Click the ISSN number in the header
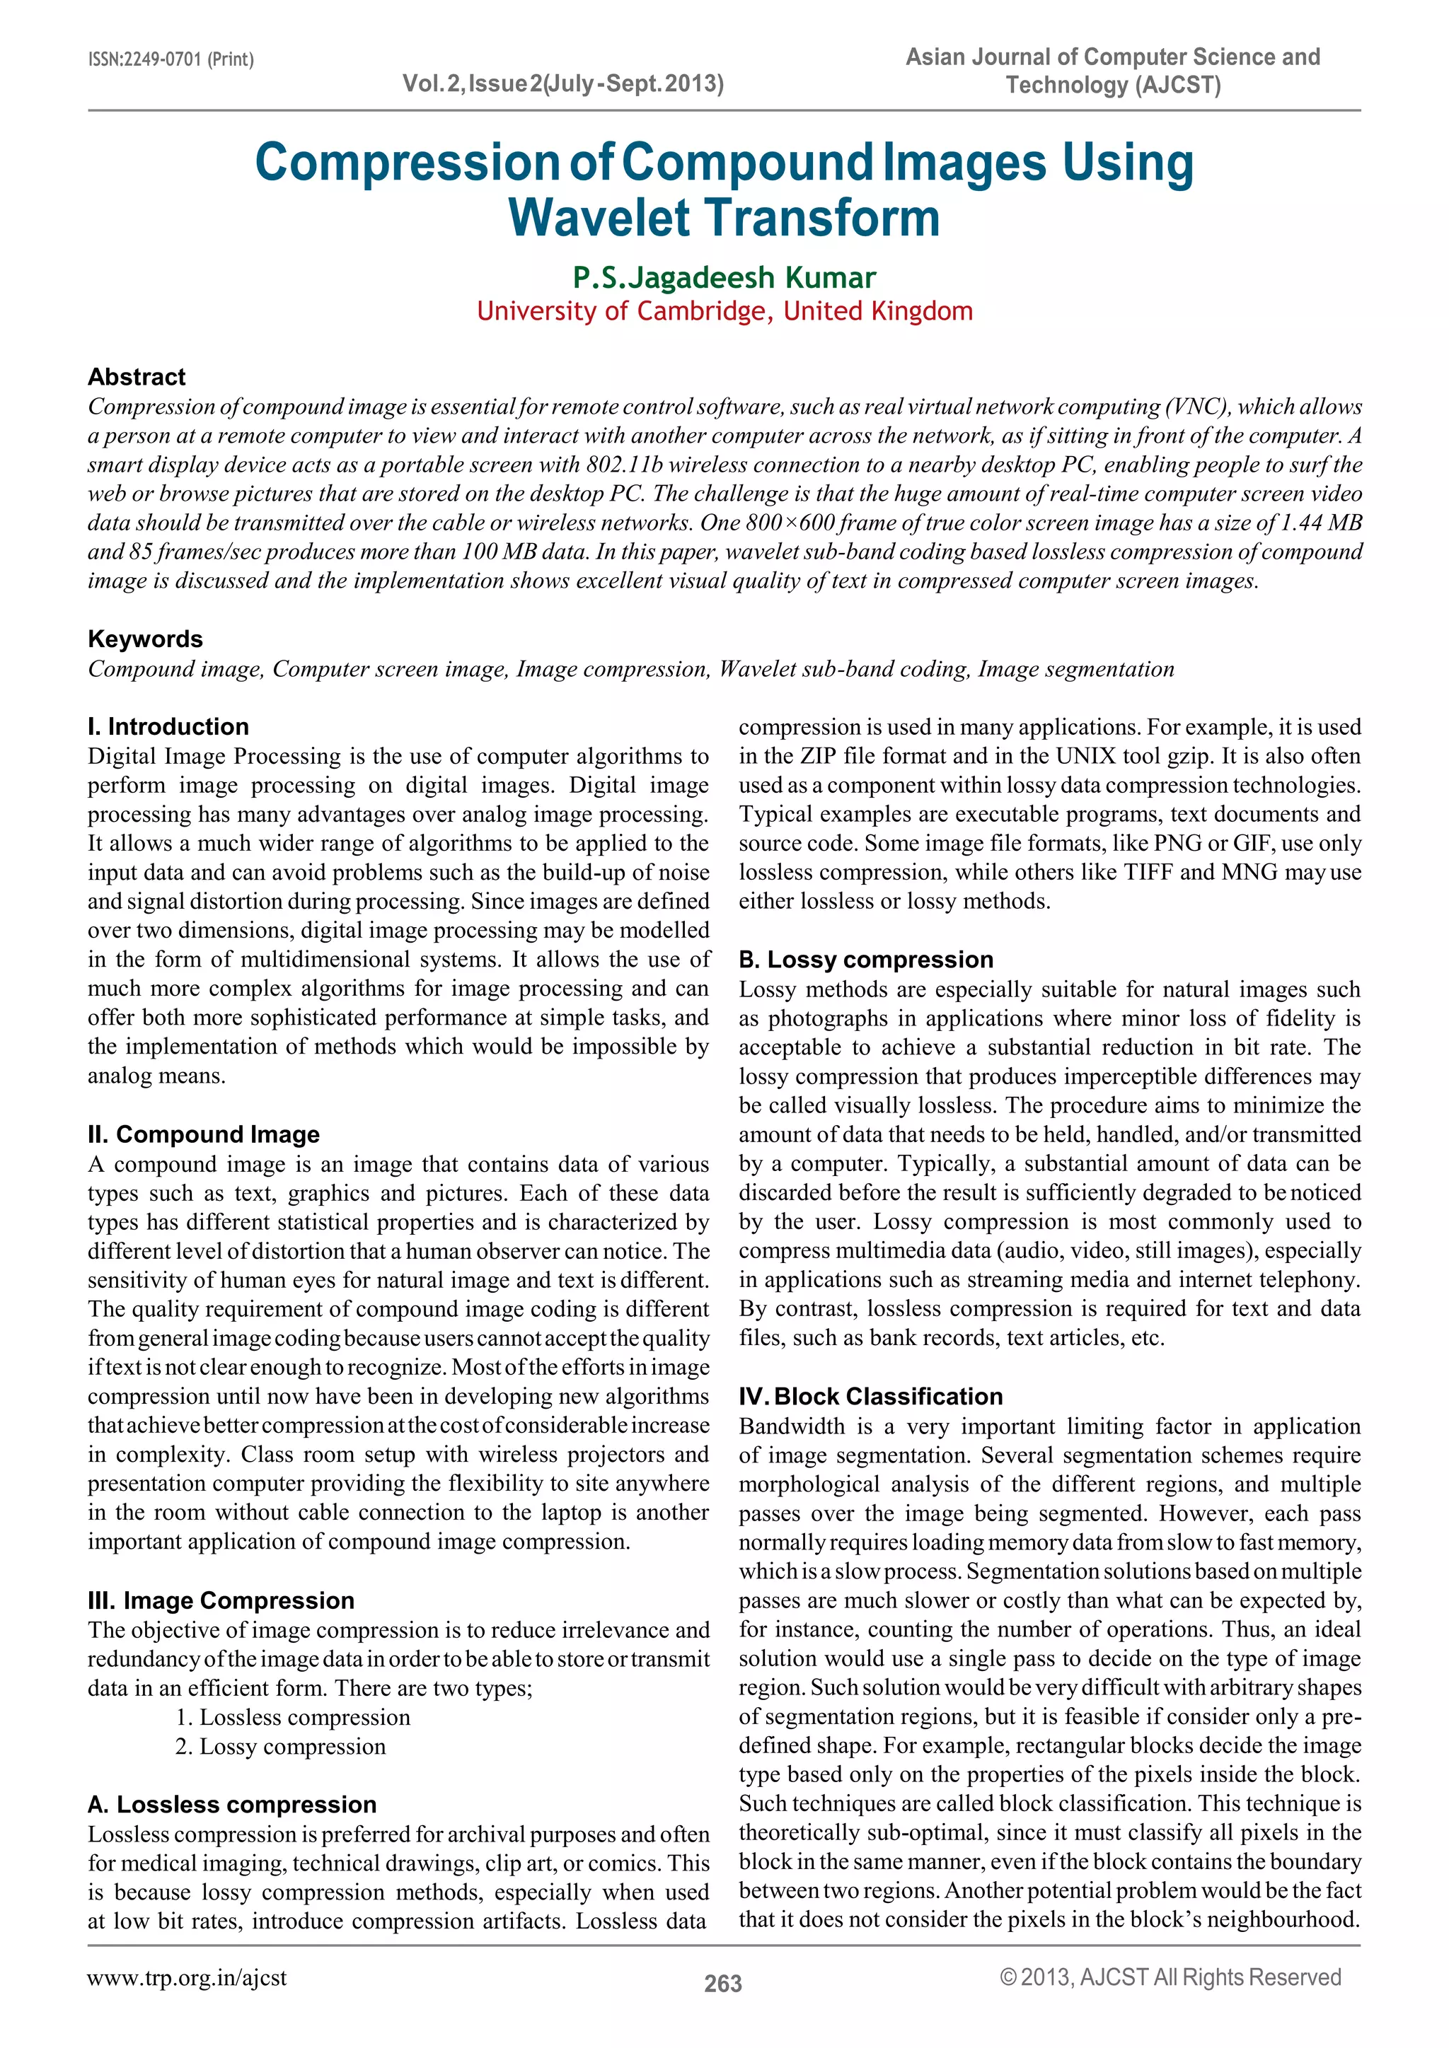coord(171,60)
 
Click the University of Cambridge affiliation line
coord(724,311)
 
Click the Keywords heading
coord(144,639)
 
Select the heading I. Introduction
coord(168,726)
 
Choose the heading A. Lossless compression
coord(232,1805)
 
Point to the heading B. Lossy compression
coord(865,959)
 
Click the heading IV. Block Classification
coord(870,1396)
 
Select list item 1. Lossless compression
coord(293,1717)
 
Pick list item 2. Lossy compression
coord(280,1747)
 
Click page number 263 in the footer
coord(722,1983)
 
